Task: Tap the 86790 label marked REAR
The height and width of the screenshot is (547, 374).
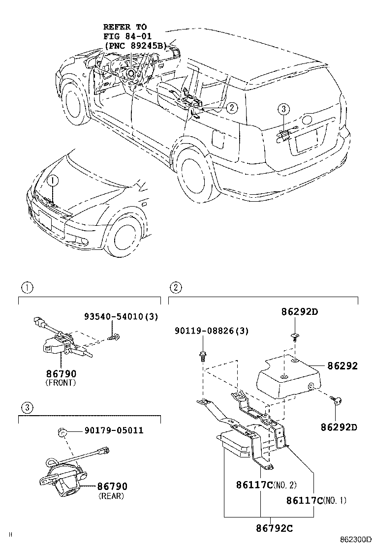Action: [x=112, y=486]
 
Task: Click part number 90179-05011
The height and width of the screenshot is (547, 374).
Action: [x=106, y=430]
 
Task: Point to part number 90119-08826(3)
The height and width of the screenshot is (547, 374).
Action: [x=211, y=332]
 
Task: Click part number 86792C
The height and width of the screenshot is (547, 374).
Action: [x=274, y=528]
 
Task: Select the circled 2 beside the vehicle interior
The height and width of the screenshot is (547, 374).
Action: [x=232, y=107]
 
